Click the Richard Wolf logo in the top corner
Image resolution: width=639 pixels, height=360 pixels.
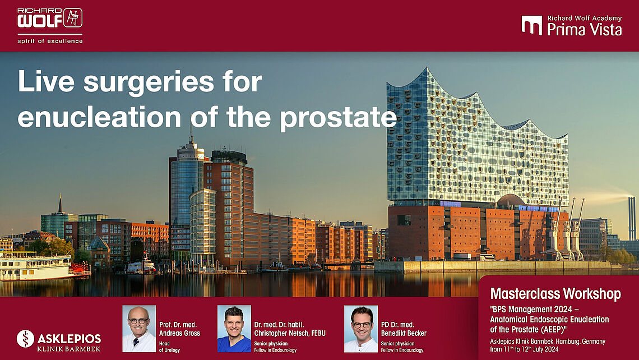(x=50, y=19)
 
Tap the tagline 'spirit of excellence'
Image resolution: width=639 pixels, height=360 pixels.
(x=50, y=41)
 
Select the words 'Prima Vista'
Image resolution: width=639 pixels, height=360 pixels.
(x=585, y=29)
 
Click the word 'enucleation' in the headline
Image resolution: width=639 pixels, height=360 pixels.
(x=99, y=117)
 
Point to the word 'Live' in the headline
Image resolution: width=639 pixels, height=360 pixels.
(x=45, y=81)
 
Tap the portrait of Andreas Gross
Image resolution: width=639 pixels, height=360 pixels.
(x=139, y=329)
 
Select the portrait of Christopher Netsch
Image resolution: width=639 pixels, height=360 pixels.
(x=234, y=329)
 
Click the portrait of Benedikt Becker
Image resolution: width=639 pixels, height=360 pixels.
(x=360, y=329)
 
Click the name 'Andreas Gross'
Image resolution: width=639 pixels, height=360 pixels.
(x=179, y=333)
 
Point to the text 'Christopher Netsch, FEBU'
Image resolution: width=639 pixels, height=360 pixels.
(x=290, y=333)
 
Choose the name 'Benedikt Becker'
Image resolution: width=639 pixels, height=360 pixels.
(x=404, y=333)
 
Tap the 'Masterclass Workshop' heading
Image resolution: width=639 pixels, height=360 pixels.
(x=555, y=293)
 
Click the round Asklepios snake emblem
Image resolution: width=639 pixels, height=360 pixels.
(x=25, y=339)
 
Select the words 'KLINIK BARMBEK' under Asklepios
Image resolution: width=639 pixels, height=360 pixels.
(x=68, y=349)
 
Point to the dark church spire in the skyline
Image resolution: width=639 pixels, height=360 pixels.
(x=61, y=204)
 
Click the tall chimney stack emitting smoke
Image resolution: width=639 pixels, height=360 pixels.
(x=632, y=219)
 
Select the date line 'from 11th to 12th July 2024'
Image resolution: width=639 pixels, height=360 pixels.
(x=524, y=349)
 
